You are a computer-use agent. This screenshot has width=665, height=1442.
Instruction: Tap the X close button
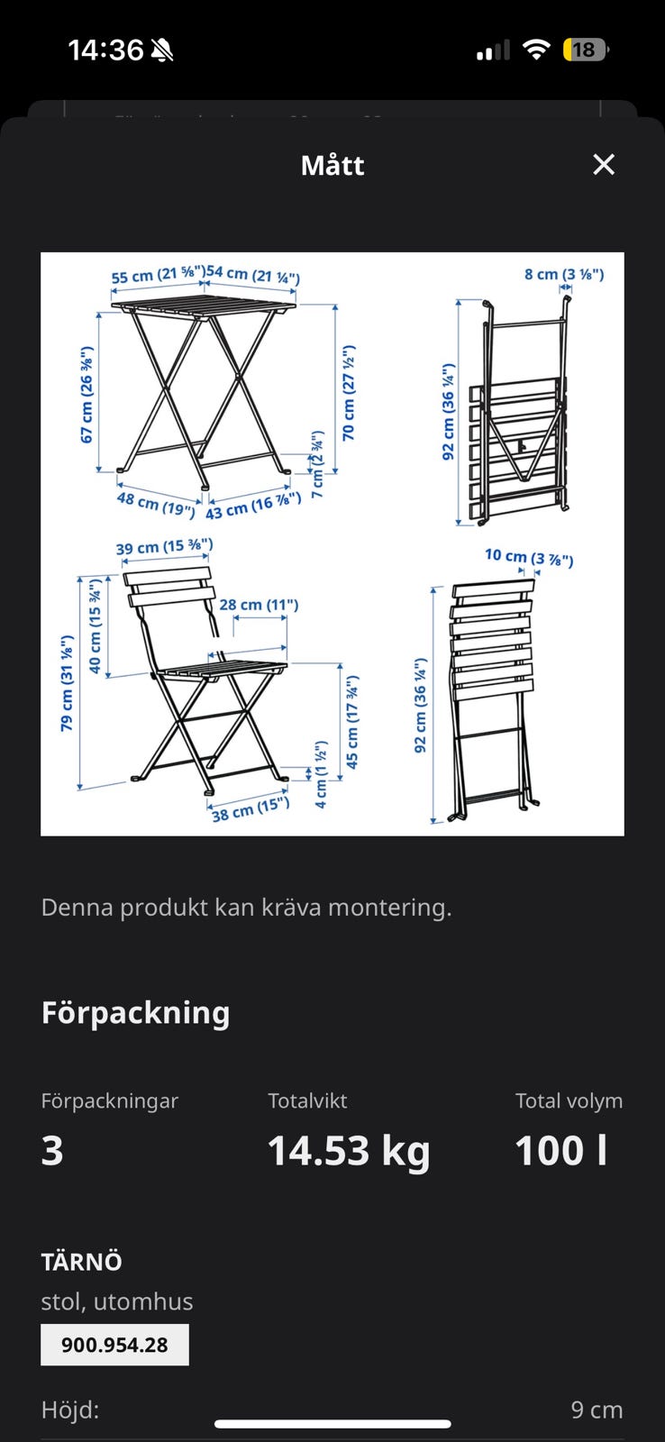[603, 165]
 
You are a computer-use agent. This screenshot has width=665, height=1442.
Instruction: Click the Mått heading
[332, 166]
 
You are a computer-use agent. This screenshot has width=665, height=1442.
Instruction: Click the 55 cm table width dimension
[159, 276]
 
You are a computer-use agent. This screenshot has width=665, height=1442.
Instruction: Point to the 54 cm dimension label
[253, 275]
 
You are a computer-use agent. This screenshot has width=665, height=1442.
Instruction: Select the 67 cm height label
[87, 394]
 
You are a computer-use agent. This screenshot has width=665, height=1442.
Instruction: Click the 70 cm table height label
[349, 393]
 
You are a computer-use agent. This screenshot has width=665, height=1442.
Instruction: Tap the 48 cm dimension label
[156, 504]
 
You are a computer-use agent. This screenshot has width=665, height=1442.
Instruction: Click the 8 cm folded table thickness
[564, 274]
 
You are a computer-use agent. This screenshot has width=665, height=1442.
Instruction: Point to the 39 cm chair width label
[164, 546]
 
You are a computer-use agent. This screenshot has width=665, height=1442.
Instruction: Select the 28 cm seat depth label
[259, 605]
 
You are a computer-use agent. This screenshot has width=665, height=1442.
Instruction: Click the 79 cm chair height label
[67, 682]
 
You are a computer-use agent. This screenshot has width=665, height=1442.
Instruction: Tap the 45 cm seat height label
[352, 722]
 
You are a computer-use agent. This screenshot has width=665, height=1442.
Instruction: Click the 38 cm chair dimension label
[251, 810]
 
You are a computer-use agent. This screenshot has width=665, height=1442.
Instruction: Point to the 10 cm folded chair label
[529, 557]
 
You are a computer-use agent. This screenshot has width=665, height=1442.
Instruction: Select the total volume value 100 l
[560, 1150]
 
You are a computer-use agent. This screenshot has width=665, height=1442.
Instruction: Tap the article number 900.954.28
[114, 1345]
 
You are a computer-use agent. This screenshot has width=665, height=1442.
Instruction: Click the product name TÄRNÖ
[82, 1262]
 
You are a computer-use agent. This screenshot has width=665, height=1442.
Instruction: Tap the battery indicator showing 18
[585, 50]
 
